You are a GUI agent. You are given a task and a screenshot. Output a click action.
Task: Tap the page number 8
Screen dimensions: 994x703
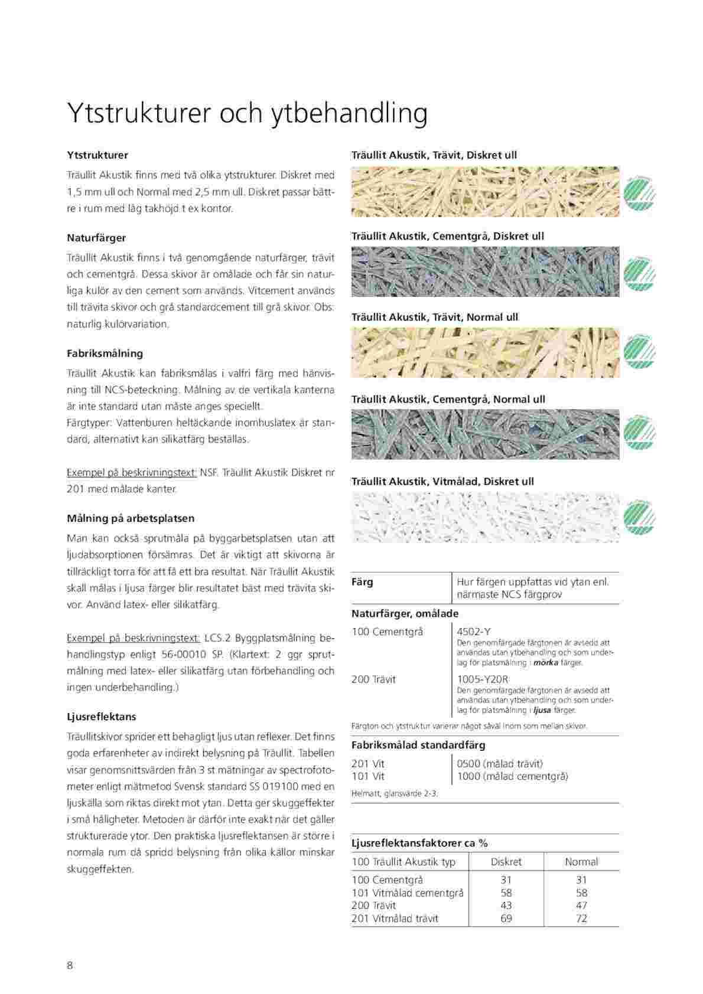[70, 965]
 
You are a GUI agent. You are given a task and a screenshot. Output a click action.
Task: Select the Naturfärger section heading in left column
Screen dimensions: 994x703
[96, 238]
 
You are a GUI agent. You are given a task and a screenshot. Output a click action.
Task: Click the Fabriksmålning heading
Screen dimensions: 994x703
[105, 354]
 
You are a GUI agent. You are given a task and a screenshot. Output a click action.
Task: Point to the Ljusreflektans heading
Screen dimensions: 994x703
[102, 717]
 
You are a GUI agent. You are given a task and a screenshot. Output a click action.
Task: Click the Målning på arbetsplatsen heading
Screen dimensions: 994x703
[131, 518]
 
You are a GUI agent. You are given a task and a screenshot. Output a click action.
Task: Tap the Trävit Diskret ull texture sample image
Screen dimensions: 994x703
[485, 192]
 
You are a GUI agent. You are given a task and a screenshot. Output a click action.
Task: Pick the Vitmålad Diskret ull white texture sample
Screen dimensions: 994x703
[485, 518]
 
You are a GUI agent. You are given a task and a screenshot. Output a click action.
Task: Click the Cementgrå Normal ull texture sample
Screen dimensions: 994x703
[485, 434]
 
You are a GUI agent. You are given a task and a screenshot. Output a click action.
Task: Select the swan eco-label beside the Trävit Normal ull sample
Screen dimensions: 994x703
[639, 354]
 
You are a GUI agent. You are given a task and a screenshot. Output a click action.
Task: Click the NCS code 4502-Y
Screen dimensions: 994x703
[474, 632]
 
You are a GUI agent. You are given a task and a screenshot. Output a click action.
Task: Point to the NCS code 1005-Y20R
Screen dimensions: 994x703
[483, 679]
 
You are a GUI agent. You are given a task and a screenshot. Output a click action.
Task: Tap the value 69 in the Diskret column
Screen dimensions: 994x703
[506, 918]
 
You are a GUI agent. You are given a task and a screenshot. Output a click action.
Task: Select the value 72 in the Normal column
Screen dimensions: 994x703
[581, 918]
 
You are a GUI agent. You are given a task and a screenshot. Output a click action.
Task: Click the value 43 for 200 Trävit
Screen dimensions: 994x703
[506, 905]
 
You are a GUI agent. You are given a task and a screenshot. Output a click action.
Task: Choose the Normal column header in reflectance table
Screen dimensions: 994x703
[581, 862]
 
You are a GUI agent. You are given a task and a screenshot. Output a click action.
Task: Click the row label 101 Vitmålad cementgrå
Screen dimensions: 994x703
[408, 892]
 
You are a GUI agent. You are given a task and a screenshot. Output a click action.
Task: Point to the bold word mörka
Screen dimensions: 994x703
[546, 663]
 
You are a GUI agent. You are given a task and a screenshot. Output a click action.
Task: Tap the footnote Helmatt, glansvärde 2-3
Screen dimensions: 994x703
[395, 793]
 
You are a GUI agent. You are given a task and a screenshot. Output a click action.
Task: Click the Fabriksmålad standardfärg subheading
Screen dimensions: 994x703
[418, 745]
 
